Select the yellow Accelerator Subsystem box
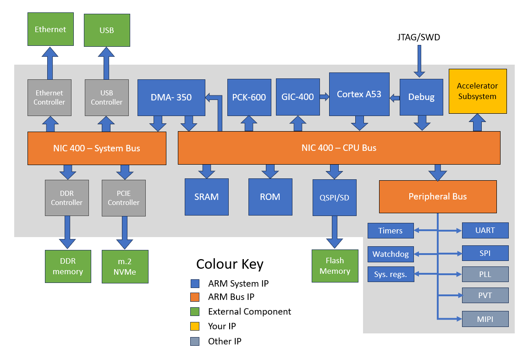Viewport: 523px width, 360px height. pos(477,91)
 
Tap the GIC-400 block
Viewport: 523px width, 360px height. pos(297,97)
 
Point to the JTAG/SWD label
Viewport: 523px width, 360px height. pos(418,38)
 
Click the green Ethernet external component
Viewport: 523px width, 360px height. pos(50,29)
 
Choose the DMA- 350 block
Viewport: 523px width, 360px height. pos(171,97)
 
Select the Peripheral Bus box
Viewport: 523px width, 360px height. pos(437,196)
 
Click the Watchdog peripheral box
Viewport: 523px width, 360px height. pos(391,254)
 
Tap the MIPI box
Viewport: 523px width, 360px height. pos(485,319)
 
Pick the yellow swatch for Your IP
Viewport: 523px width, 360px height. pos(195,327)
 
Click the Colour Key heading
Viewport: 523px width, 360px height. pos(230,264)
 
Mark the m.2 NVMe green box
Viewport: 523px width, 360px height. pos(125,266)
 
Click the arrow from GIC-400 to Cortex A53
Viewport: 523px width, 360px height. pos(324,97)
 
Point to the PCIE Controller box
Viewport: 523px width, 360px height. pos(124,198)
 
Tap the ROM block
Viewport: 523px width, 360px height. pos(270,197)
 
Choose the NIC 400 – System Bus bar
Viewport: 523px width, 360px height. pos(97,148)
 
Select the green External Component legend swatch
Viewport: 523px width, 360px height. pos(195,312)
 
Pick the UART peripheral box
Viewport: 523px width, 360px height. pos(485,230)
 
